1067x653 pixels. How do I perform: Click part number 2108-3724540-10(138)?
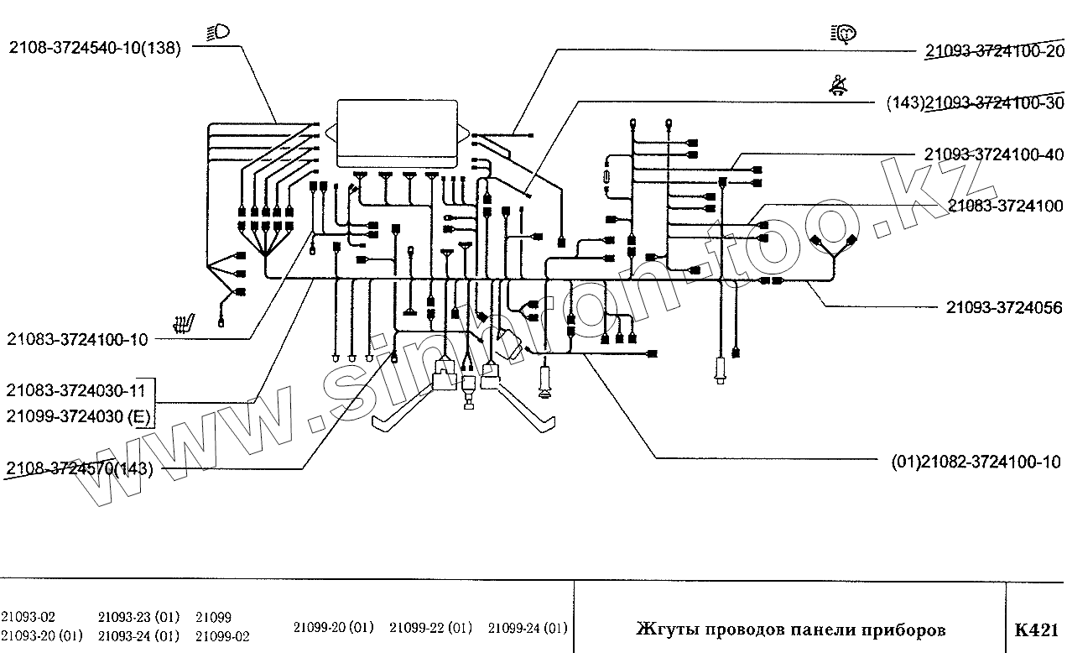click(95, 48)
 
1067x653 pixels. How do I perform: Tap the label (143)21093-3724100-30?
click(975, 103)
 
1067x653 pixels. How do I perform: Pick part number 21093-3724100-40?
click(994, 154)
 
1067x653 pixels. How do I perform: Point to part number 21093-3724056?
click(1004, 307)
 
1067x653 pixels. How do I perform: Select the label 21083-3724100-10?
click(77, 339)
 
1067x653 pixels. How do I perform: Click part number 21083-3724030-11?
click(75, 390)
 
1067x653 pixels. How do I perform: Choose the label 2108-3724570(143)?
click(79, 468)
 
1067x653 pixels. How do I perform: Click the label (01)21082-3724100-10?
click(976, 462)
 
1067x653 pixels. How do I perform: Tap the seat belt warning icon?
click(838, 86)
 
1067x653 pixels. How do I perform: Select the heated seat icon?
click(184, 323)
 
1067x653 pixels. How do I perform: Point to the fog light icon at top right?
click(843, 34)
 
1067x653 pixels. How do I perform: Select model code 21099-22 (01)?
click(430, 628)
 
